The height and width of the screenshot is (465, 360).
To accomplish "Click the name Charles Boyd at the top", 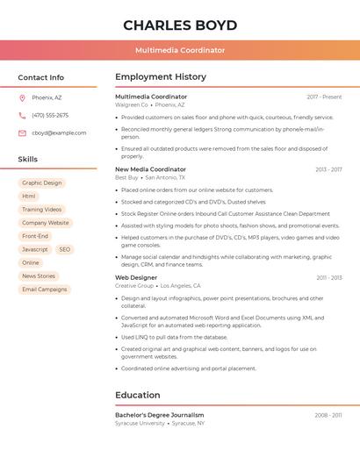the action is click(x=180, y=25).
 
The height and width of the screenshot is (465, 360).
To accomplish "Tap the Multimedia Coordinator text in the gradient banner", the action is click(x=180, y=51).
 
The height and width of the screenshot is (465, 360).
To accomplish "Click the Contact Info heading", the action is click(x=41, y=77).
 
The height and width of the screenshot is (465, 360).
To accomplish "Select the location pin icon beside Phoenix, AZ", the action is click(x=22, y=97).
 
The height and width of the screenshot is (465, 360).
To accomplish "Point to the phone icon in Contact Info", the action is click(x=22, y=115).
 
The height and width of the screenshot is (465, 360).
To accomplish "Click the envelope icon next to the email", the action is click(x=22, y=133).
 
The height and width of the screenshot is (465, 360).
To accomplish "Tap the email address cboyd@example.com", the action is click(x=59, y=133).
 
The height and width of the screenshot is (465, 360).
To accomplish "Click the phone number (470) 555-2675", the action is click(x=50, y=115).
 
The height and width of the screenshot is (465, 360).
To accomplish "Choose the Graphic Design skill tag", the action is click(x=42, y=183).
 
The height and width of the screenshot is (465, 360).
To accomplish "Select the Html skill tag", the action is click(x=29, y=197).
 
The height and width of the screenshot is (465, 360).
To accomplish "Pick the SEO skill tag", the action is click(x=65, y=249).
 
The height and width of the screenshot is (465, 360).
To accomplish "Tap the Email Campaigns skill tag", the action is click(x=45, y=290).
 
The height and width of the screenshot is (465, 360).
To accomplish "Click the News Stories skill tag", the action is click(x=39, y=276).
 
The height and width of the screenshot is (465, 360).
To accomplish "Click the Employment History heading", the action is click(x=161, y=77).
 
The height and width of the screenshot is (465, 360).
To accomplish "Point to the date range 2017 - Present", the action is click(x=324, y=97).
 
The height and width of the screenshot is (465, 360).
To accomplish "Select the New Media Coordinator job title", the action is click(x=151, y=169).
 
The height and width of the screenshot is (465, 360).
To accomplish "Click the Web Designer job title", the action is click(x=136, y=277).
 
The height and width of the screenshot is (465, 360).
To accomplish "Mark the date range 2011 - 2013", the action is click(x=329, y=278).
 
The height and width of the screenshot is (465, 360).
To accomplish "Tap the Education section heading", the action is click(x=138, y=396).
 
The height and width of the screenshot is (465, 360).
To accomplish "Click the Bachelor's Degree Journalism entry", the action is click(x=160, y=415).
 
